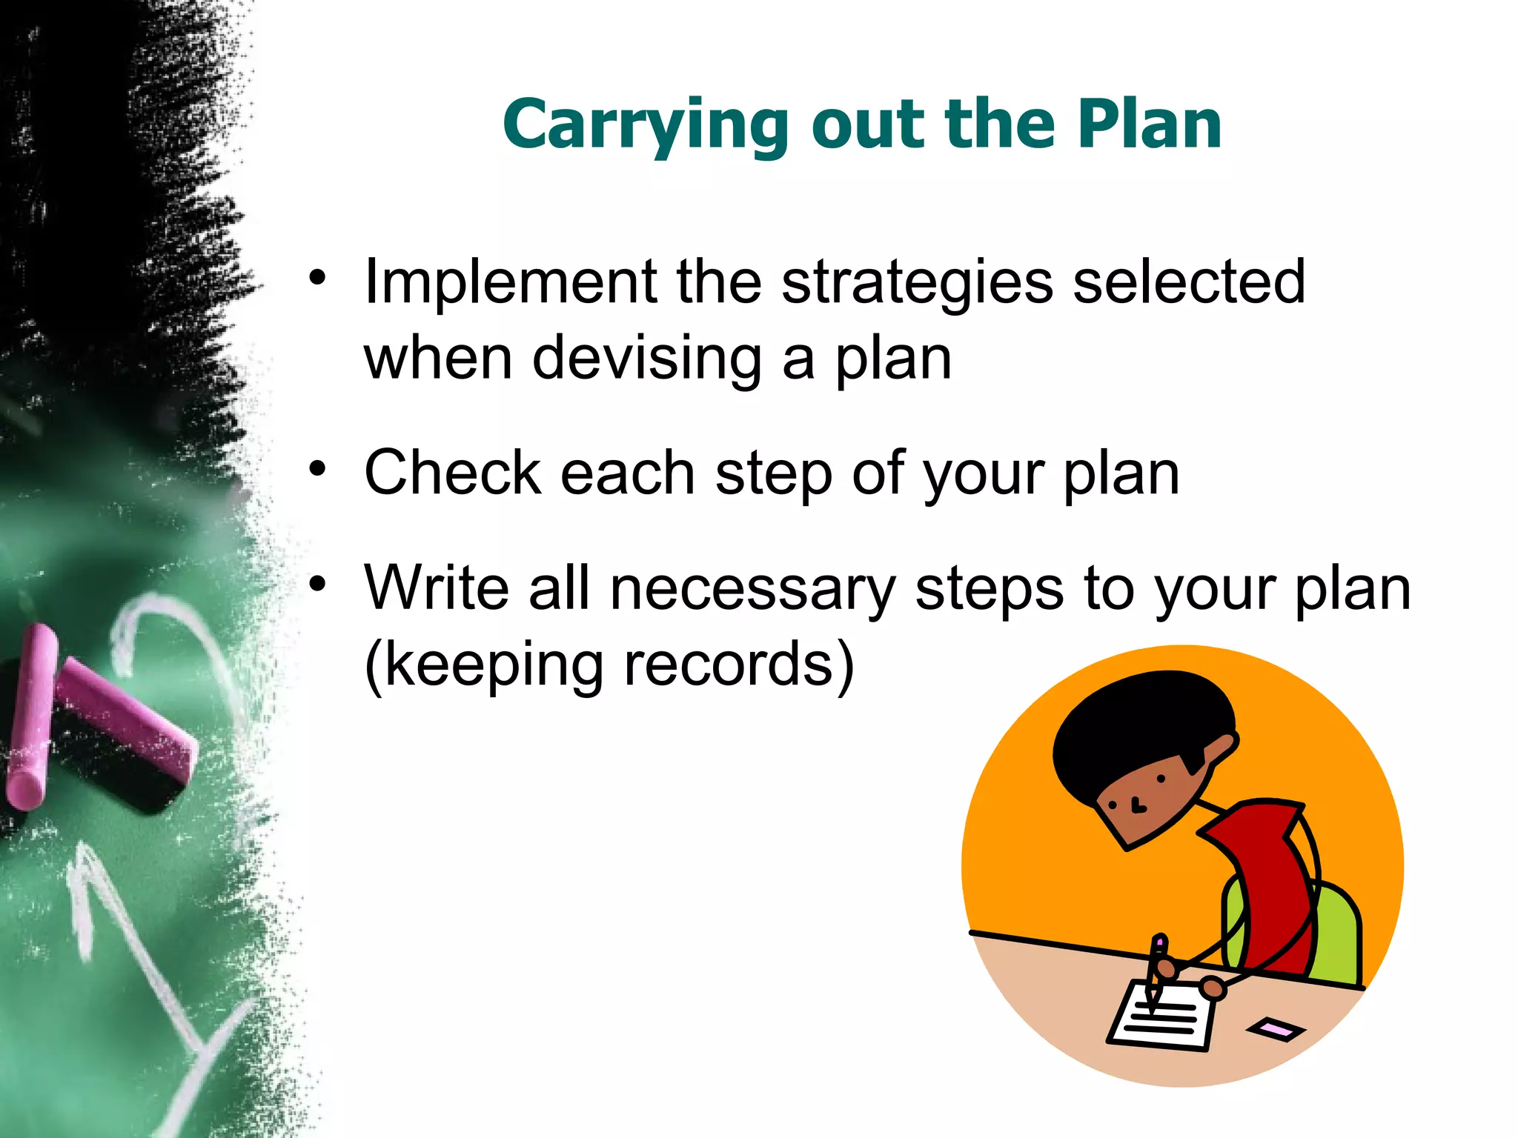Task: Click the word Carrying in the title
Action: (645, 126)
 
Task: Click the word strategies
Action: (918, 284)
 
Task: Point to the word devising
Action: (647, 359)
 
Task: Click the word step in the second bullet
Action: (773, 475)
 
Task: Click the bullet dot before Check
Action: (318, 470)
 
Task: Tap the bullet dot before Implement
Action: (318, 279)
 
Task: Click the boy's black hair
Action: (1134, 726)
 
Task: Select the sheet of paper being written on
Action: (1164, 1019)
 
